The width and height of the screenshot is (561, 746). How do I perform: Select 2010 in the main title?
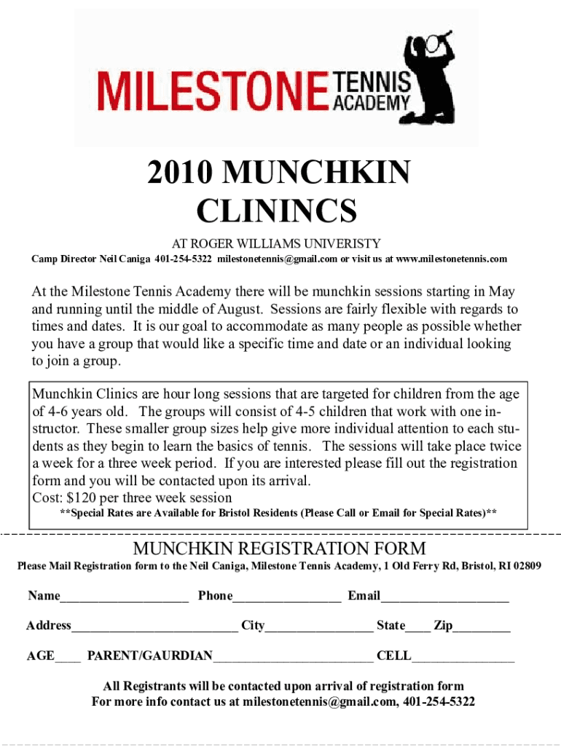click(179, 173)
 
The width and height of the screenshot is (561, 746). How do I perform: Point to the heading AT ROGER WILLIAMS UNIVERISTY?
click(275, 243)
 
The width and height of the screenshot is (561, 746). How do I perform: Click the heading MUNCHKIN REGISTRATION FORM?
click(279, 549)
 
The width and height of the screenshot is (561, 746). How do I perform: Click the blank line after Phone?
click(286, 600)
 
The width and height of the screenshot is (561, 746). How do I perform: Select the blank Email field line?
click(444, 600)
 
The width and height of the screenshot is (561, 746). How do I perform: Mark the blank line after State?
click(417, 629)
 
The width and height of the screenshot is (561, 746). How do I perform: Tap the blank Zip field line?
click(482, 629)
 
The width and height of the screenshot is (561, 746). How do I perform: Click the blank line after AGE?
click(68, 659)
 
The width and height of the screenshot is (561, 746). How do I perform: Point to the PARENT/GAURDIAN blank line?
click(293, 659)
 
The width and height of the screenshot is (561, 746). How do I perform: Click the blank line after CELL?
click(463, 659)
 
